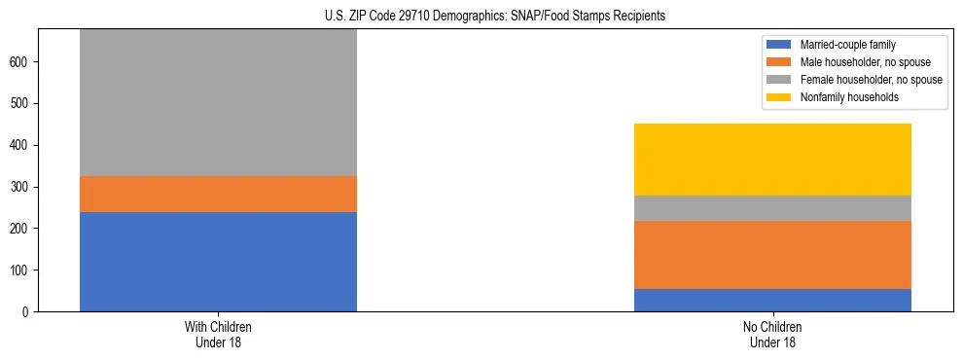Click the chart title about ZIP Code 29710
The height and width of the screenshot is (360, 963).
coord(495,17)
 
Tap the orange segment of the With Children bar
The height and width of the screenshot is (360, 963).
coord(218,194)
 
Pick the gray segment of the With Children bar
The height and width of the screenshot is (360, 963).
coord(218,102)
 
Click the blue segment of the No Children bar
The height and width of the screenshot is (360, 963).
coord(772,300)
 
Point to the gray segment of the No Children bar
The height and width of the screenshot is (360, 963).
coord(772,208)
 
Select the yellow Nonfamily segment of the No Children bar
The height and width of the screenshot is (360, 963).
coord(772,160)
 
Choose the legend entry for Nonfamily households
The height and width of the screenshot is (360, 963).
coord(849,97)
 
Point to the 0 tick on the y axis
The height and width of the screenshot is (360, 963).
coord(29,311)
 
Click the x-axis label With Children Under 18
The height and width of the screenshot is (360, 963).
coord(218,335)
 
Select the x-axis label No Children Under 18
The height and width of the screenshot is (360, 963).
coord(772,335)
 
